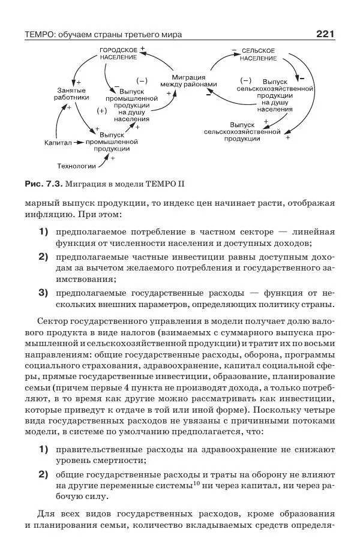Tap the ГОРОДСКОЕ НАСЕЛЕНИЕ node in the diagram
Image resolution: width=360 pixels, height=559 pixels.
[x=118, y=55]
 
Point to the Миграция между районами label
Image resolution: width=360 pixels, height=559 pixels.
[x=188, y=82]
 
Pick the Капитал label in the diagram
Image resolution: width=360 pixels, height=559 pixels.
[x=58, y=143]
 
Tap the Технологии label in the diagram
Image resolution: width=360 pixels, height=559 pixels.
[x=76, y=166]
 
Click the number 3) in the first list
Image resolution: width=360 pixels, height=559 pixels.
[x=43, y=293]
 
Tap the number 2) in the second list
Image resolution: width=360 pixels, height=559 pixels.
[x=43, y=474]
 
